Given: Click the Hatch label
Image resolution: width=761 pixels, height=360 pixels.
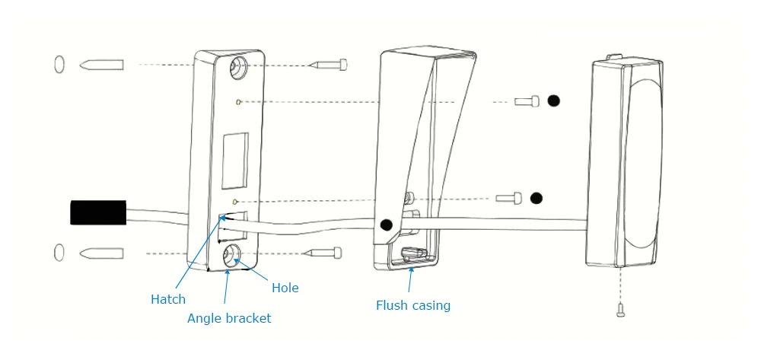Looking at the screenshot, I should [167, 299].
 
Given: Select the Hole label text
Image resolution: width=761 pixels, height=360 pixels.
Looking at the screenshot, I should [285, 288].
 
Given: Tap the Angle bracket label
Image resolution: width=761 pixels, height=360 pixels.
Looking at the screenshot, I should [229, 318].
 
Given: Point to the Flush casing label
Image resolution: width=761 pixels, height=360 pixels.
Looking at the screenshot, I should [413, 305].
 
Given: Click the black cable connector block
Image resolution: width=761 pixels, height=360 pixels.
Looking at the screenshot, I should [98, 212].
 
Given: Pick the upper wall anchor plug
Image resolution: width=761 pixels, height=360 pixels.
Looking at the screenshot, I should [101, 64].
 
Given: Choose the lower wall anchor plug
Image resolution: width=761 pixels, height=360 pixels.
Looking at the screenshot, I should [101, 252].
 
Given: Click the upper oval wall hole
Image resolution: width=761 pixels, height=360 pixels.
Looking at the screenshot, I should [59, 64].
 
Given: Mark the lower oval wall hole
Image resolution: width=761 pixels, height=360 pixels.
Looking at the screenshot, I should [59, 252].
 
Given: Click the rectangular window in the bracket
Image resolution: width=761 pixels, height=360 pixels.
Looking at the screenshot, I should [235, 161].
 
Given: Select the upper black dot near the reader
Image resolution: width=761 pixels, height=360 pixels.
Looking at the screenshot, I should [554, 100].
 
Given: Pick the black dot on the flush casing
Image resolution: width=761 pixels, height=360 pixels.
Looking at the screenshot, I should [387, 225].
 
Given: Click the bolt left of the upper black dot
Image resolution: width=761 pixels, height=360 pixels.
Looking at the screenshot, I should [527, 100].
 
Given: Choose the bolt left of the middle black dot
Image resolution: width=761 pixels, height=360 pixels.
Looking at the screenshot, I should [508, 198].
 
